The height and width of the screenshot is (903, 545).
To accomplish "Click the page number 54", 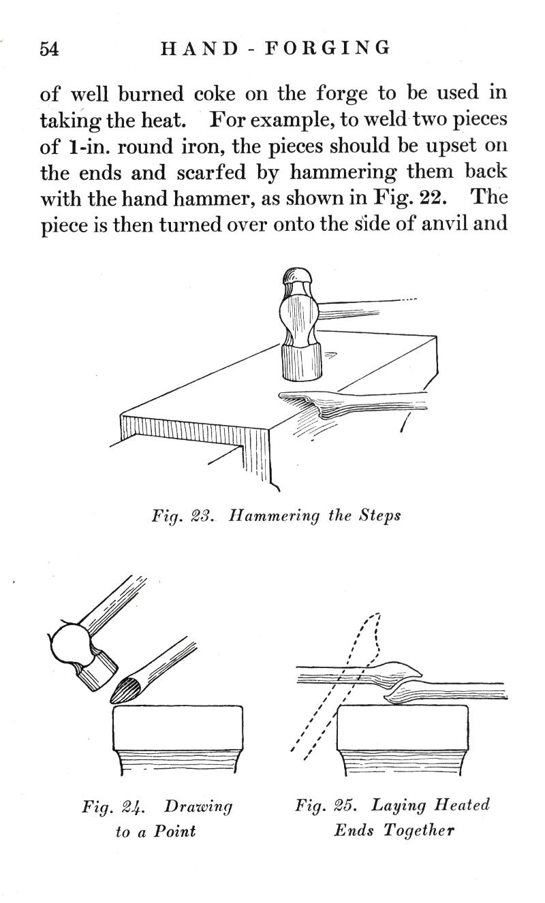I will (x=50, y=49).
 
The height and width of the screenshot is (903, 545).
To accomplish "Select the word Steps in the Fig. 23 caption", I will (x=379, y=516).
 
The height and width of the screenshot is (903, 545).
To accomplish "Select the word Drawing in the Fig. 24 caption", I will (x=198, y=806).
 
